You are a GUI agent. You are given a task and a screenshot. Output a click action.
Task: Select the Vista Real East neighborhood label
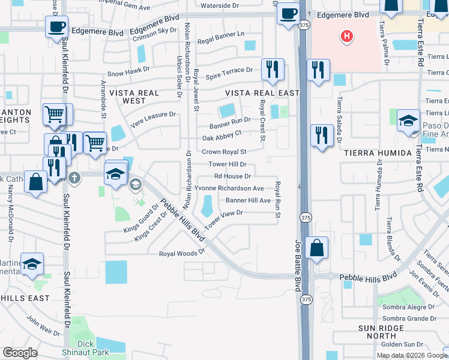point(262,93)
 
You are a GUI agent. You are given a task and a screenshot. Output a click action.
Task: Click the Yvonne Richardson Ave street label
point(229,188)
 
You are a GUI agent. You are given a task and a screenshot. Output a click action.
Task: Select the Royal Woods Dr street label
point(182,253)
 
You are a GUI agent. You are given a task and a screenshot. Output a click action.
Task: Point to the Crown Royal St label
point(224,152)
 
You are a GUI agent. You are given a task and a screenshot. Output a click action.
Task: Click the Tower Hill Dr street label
point(228,164)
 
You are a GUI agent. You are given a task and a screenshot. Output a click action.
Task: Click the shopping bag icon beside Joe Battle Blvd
point(316,247)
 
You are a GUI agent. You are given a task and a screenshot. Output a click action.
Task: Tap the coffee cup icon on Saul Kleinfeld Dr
point(56,27)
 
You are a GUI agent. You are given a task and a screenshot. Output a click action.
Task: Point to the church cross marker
point(74,177)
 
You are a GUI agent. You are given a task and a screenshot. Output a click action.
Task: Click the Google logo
point(20,353)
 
